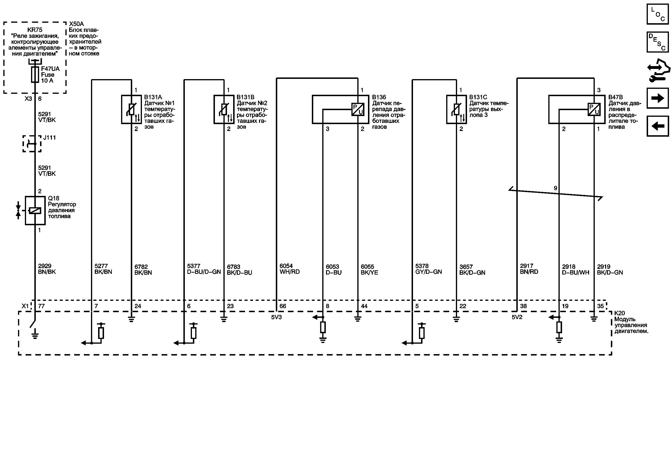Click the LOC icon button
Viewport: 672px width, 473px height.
click(x=657, y=14)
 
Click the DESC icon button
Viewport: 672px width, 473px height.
click(x=657, y=42)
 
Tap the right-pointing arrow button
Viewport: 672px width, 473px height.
click(x=657, y=98)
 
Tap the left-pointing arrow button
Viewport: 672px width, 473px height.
click(x=657, y=126)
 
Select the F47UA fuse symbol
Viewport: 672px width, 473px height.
click(x=35, y=75)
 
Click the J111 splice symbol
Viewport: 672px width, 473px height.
click(x=32, y=144)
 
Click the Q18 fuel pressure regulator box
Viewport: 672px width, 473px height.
click(x=35, y=210)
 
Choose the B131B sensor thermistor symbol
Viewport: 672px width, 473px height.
click(x=224, y=109)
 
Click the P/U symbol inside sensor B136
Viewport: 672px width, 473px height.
click(x=358, y=109)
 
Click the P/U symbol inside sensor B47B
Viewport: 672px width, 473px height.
click(x=594, y=109)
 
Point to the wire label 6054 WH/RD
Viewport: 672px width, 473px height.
click(x=290, y=269)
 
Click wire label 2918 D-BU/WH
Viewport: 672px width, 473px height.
click(x=575, y=269)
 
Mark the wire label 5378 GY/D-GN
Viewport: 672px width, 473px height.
click(x=428, y=269)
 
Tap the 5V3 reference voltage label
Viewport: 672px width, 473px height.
click(x=276, y=317)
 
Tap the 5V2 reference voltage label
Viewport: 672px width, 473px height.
click(x=517, y=317)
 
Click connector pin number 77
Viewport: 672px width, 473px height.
click(x=41, y=306)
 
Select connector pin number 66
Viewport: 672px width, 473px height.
click(x=283, y=306)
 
